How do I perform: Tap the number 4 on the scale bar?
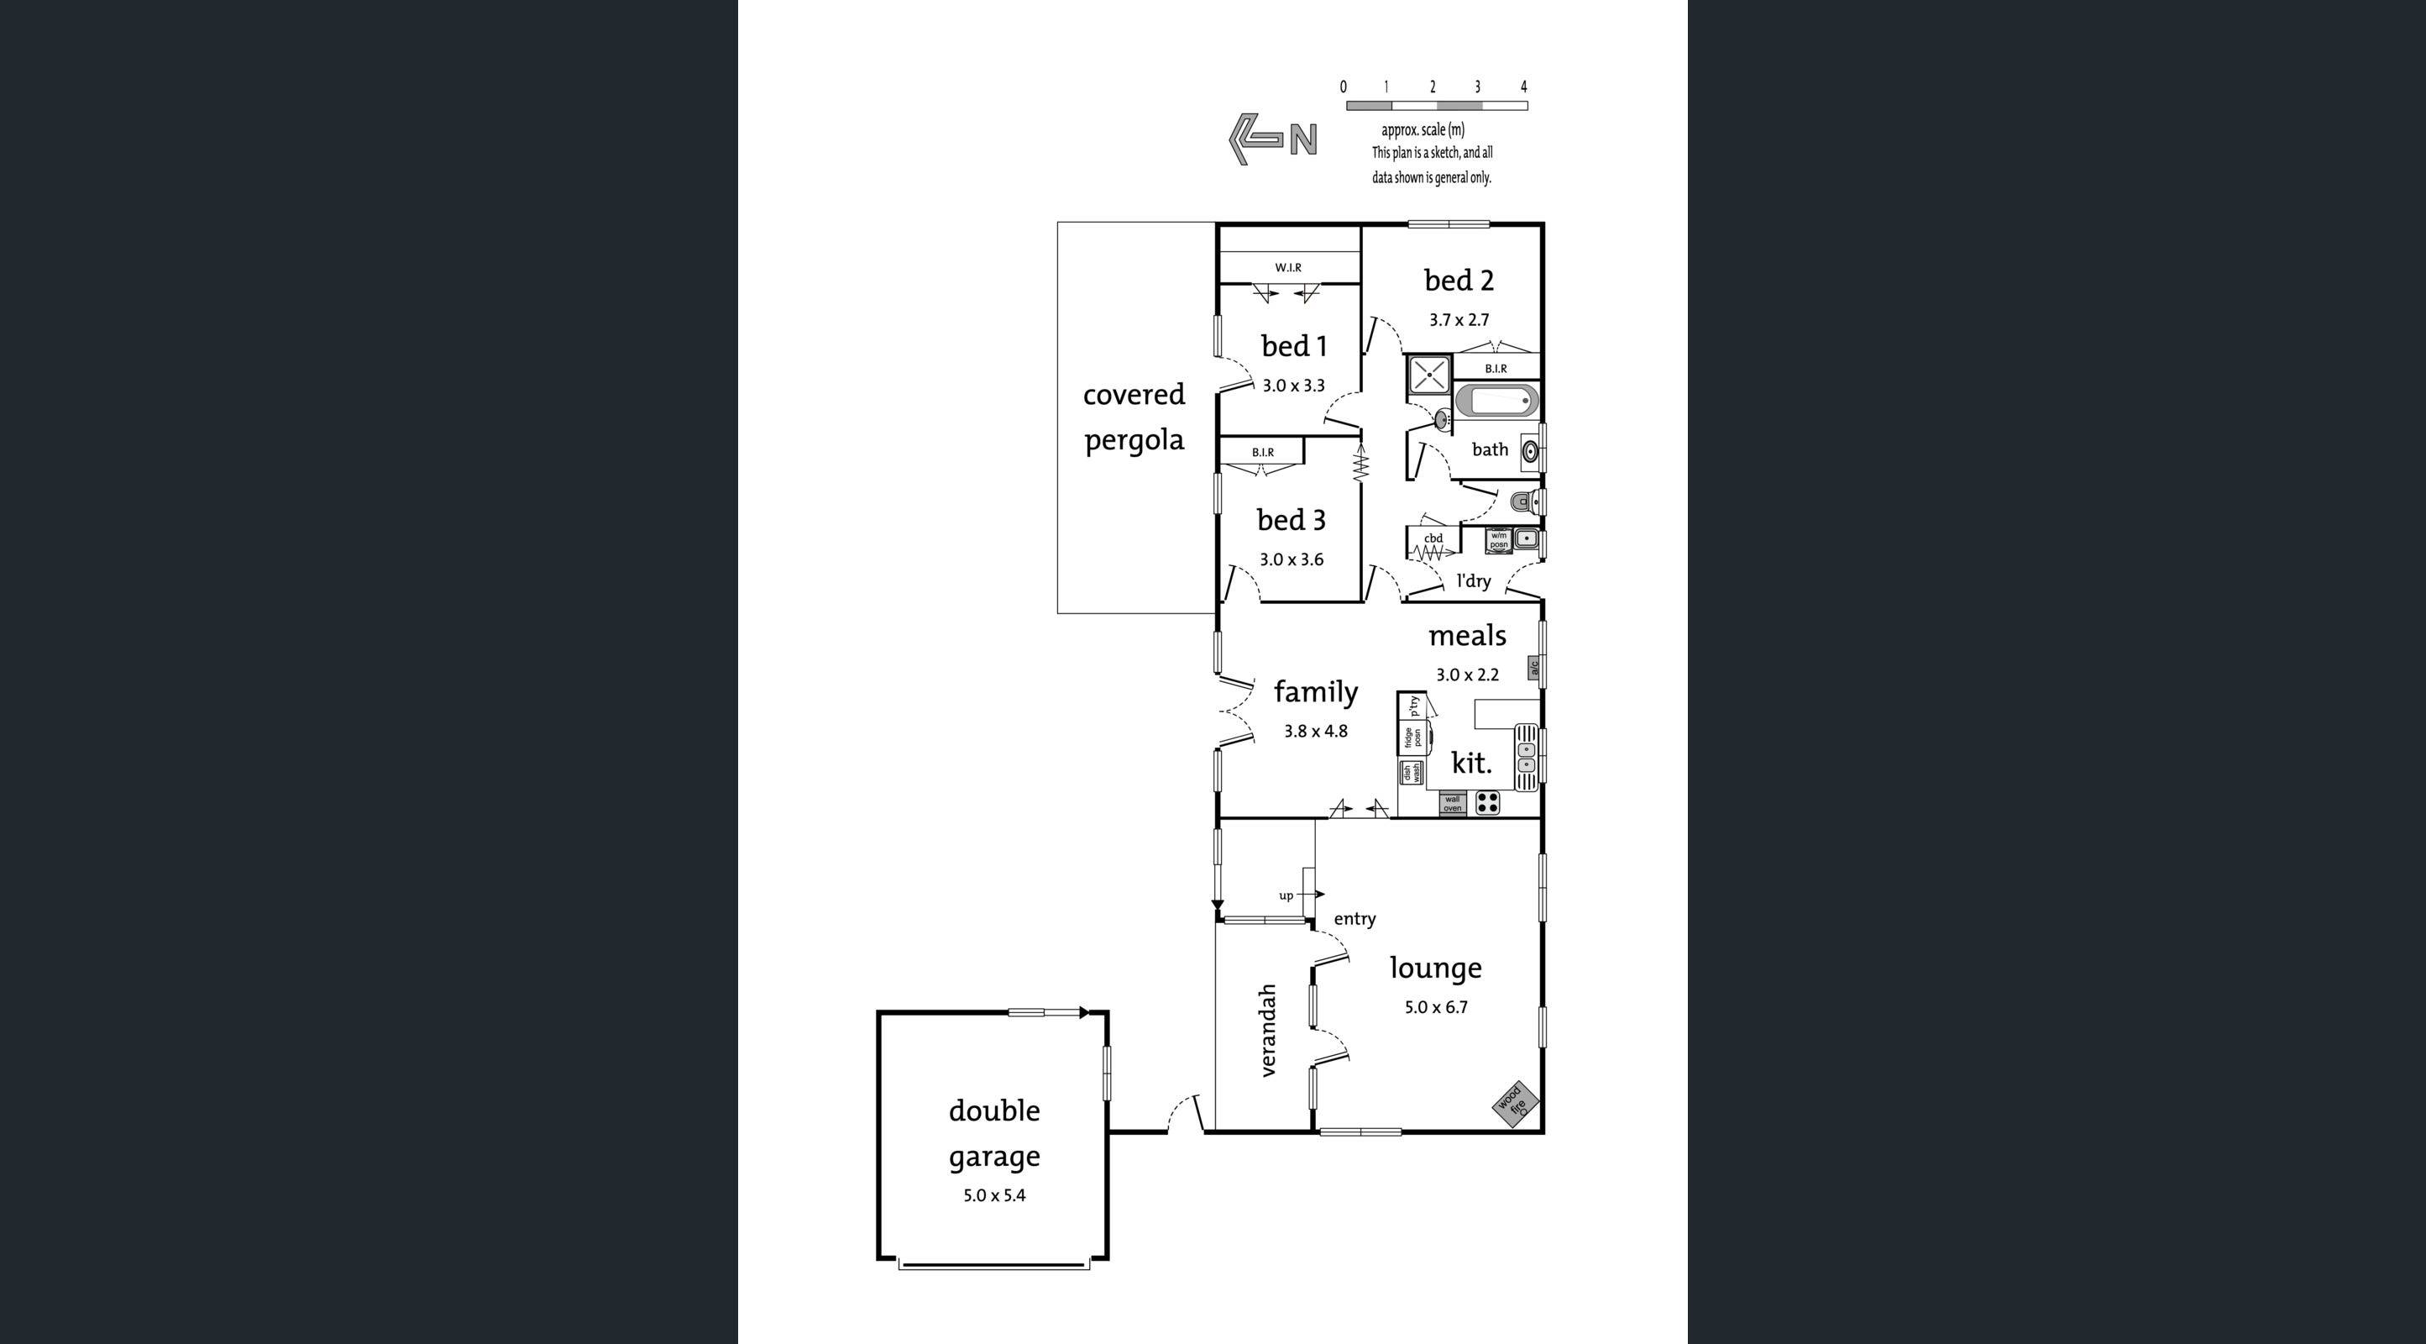pos(1522,87)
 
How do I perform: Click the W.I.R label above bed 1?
pos(1287,267)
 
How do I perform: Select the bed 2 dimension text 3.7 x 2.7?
pos(1458,320)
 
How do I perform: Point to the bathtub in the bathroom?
pos(1496,402)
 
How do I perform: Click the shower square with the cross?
pos(1428,373)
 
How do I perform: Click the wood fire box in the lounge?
pos(1514,1102)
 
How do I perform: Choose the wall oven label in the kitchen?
pos(1452,803)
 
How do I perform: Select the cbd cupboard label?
pos(1433,538)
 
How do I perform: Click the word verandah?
pos(1268,1031)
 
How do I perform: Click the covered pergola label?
pos(1134,417)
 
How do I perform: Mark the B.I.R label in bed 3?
pos(1262,452)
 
